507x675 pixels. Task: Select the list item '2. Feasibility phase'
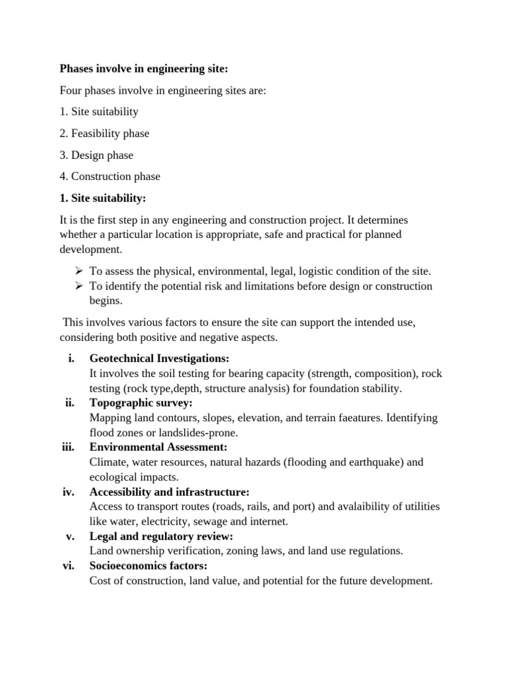[104, 133]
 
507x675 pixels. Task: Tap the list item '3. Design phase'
[96, 155]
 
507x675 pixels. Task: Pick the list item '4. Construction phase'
[110, 176]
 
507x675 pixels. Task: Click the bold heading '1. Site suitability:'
[102, 198]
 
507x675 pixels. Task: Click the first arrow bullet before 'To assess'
[78, 271]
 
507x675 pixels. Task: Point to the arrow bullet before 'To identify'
[78, 286]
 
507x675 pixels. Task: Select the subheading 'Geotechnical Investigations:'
[159, 359]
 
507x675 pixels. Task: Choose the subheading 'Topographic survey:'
[141, 403]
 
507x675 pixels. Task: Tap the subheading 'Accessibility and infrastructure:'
[169, 492]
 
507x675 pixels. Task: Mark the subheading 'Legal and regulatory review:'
[161, 536]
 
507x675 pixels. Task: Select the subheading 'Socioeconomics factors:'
[149, 566]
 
